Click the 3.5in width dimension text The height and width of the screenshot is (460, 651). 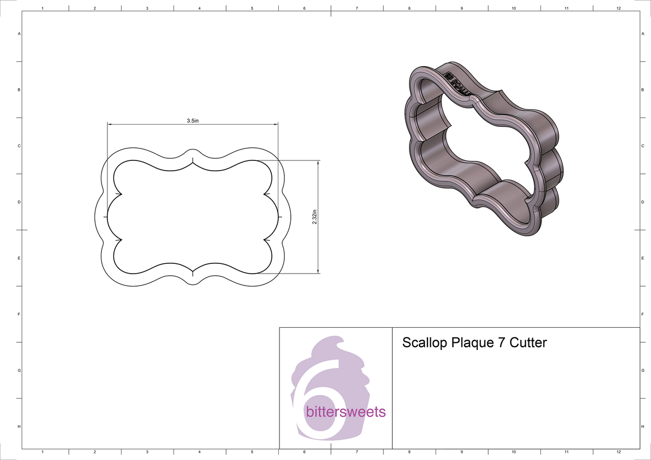click(193, 121)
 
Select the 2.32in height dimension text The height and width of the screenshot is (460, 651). click(315, 217)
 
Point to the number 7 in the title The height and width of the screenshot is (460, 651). click(499, 343)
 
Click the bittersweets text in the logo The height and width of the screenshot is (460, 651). click(346, 412)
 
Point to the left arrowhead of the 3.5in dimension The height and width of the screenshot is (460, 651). click(110, 125)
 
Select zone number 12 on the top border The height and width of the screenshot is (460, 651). click(618, 9)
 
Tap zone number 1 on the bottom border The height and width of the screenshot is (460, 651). click(42, 451)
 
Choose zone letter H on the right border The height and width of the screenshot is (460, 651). click(642, 427)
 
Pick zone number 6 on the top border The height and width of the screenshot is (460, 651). click(304, 9)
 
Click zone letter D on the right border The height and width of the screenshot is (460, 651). click(642, 202)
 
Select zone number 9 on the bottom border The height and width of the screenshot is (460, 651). click(461, 451)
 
